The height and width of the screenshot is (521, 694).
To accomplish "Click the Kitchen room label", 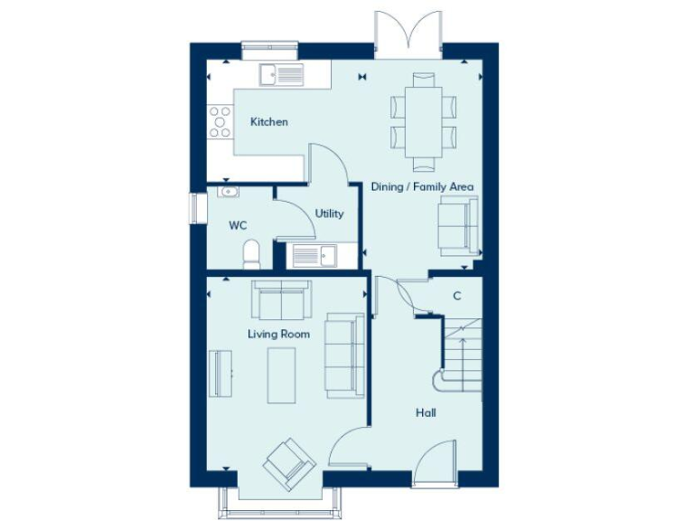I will [269, 121].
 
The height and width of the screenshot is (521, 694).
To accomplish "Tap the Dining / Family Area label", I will [422, 186].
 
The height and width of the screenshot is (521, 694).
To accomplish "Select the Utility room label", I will [329, 213].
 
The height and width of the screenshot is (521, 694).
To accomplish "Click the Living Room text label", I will [278, 334].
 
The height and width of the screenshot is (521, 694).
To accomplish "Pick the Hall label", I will [426, 412].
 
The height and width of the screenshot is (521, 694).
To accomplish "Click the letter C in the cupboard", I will [456, 296].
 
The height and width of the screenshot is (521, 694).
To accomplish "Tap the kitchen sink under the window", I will [283, 74].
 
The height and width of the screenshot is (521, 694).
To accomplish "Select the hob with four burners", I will [220, 122].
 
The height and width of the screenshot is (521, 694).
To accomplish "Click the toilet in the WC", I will [252, 254].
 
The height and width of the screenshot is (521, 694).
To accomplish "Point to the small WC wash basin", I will [225, 192].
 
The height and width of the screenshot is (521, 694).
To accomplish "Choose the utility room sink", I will [311, 256].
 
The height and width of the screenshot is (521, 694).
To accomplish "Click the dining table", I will [424, 121].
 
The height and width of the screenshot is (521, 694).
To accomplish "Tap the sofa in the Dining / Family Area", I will [457, 223].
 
